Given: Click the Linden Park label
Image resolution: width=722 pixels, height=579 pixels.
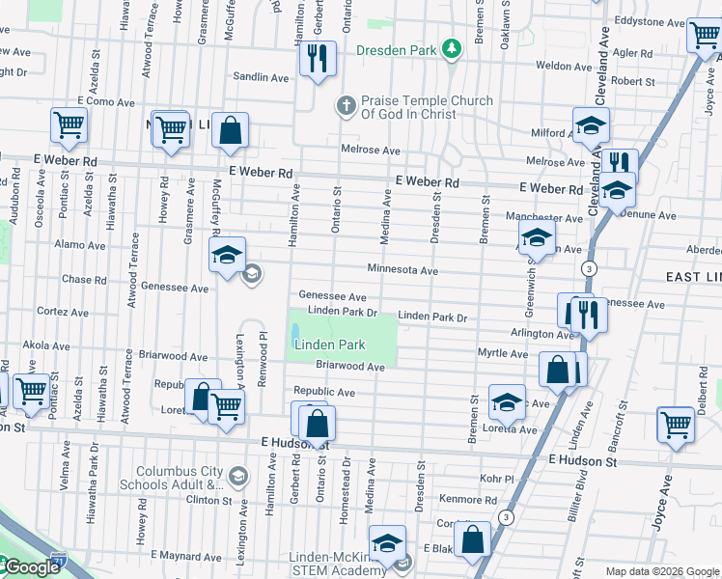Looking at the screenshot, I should pos(330,345).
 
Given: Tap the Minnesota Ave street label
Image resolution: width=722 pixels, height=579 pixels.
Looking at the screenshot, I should pos(402,271).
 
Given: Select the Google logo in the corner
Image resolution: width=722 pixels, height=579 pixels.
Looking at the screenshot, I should pos(31,568).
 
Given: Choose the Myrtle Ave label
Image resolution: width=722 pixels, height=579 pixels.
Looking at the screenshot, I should pos(502,353).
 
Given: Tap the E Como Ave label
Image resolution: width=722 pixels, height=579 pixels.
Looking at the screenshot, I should pos(108,100).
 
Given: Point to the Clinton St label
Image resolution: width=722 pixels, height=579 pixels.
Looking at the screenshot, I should pos(209,500).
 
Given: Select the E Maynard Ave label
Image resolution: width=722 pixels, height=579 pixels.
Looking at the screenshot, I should pos(190,557).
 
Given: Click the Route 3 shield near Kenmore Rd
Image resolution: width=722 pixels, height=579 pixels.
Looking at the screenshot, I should pos(506,518).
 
